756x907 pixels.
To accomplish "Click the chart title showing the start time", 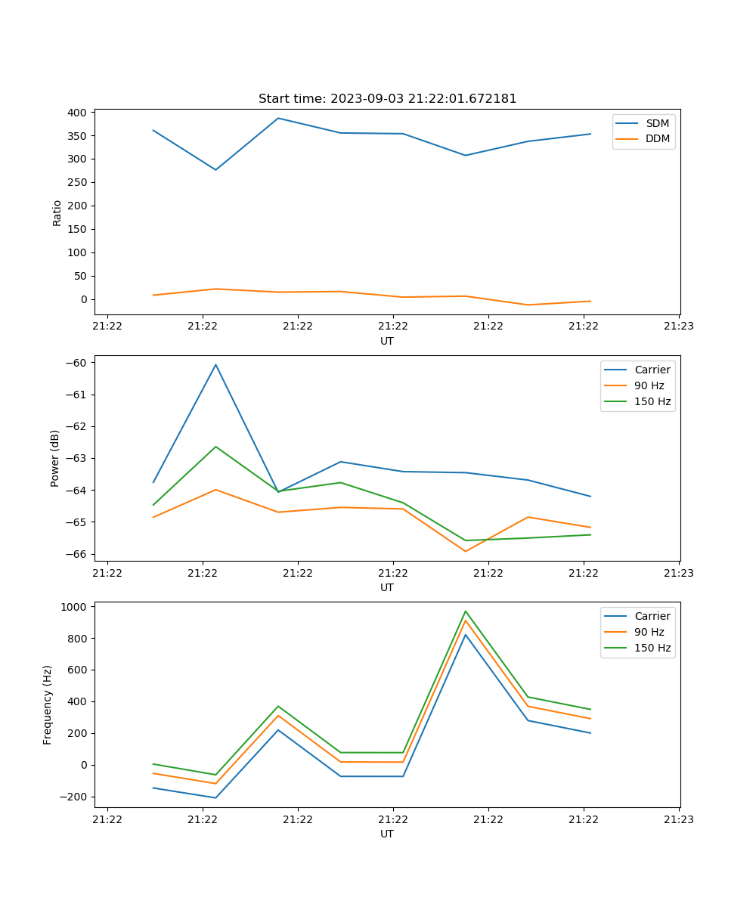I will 387,98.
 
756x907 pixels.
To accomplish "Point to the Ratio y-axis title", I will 57,212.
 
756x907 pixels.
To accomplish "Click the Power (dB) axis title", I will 55,458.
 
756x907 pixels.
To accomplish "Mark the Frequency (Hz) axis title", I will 48,704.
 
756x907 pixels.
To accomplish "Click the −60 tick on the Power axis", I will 78,363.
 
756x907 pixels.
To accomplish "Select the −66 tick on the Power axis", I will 78,554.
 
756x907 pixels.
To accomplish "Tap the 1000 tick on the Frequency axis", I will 75,606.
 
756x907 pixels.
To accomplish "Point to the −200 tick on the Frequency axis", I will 75,797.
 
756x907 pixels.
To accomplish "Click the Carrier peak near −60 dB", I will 215,364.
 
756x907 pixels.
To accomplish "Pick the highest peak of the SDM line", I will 278,118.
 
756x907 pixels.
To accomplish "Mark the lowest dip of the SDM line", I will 215,169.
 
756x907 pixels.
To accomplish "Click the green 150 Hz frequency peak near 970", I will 466,611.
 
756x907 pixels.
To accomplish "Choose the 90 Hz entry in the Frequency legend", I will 649,632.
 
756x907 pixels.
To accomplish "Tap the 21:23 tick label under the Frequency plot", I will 679,819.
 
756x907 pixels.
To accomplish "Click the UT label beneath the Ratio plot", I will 387,341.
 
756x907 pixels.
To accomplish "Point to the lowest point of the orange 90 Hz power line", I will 466,551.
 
